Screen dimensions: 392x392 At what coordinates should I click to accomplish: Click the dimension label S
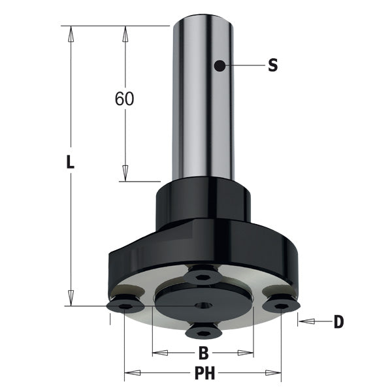[272, 65]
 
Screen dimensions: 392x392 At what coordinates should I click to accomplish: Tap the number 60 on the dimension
[124, 99]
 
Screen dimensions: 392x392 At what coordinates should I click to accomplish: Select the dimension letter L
[71, 161]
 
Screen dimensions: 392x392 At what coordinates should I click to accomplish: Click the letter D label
[338, 321]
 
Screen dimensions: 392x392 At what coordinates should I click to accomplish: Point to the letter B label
[204, 353]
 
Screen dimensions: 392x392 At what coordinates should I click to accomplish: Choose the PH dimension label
[204, 373]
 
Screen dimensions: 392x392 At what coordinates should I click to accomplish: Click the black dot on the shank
[220, 66]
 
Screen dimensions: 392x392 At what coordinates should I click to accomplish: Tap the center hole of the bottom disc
[203, 305]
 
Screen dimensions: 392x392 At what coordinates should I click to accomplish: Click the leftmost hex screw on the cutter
[125, 306]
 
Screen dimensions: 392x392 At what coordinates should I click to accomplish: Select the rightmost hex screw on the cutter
[281, 304]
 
